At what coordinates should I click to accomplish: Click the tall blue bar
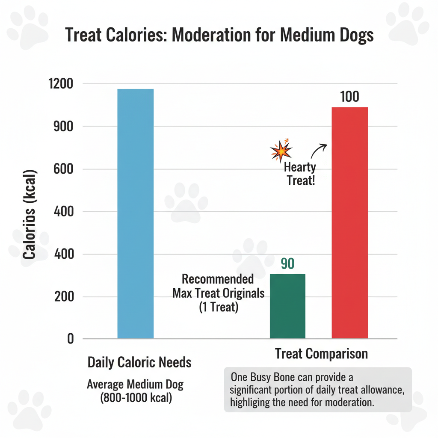click(135, 214)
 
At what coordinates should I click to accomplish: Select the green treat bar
click(287, 306)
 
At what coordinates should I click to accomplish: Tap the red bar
click(350, 222)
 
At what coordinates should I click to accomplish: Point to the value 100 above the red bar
click(349, 97)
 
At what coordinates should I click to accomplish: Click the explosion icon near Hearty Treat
click(281, 150)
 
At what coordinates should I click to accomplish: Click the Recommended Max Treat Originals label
click(218, 287)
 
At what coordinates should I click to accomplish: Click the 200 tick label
click(65, 297)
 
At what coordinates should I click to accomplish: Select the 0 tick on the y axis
click(70, 339)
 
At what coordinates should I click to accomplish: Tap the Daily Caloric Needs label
click(139, 363)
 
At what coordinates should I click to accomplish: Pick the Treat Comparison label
click(321, 354)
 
